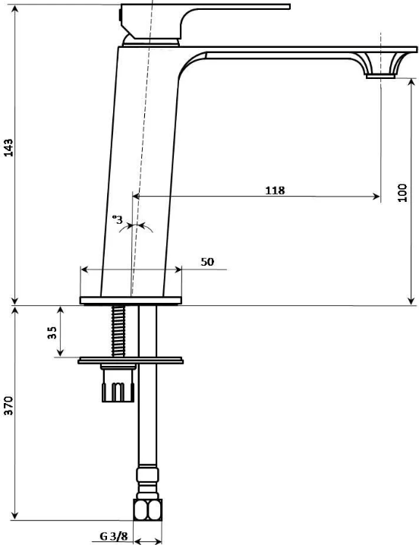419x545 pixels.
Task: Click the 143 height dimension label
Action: click(8, 148)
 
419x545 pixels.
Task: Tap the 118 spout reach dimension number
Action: click(275, 191)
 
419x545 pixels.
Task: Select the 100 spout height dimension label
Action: click(402, 193)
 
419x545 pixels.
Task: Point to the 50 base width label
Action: click(207, 262)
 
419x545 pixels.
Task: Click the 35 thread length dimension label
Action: click(52, 332)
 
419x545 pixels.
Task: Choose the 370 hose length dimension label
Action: click(8, 405)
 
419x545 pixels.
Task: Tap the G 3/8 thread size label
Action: click(114, 536)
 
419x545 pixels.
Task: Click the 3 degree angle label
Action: click(118, 219)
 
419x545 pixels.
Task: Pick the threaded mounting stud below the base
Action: click(118, 331)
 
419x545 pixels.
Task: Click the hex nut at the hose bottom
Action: click(148, 509)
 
